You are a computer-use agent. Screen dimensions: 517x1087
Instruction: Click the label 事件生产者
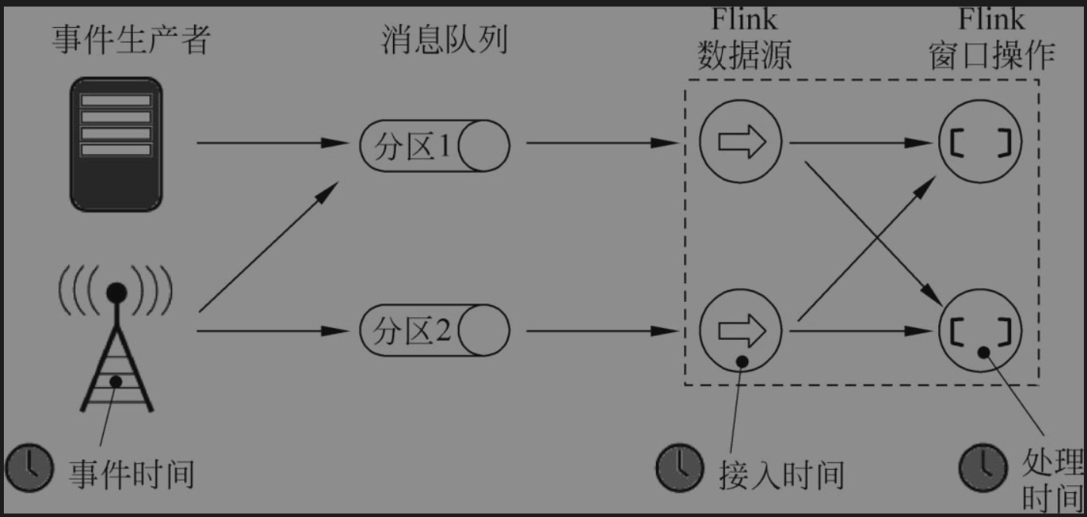click(x=131, y=39)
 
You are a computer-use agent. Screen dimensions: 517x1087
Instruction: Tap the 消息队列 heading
click(x=445, y=39)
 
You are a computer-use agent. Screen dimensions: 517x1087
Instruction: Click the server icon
click(x=116, y=142)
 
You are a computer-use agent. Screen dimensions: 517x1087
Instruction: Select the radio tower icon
click(x=116, y=341)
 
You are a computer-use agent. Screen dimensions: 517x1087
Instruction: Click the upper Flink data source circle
click(x=741, y=142)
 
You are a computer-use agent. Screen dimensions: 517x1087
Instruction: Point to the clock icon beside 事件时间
click(x=30, y=467)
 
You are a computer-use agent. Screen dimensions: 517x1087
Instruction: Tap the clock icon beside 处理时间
click(x=983, y=467)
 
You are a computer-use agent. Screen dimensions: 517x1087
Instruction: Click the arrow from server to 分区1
click(x=271, y=143)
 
